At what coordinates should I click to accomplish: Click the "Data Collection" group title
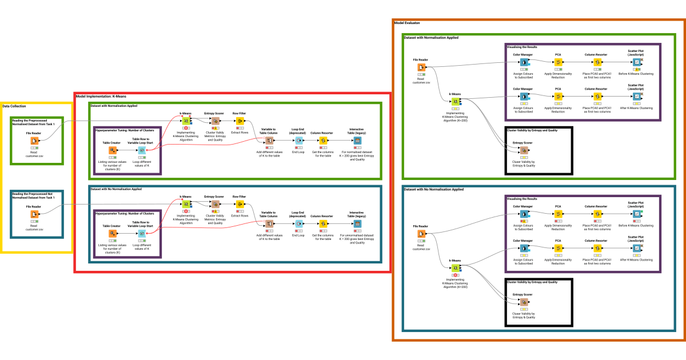click(14, 106)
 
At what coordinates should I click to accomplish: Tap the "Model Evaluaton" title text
click(407, 23)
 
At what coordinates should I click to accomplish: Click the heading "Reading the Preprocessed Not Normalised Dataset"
click(37, 195)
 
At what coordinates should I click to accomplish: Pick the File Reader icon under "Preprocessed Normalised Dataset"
click(35, 141)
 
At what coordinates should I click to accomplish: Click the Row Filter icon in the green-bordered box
click(240, 121)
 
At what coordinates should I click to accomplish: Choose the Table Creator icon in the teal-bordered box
click(112, 233)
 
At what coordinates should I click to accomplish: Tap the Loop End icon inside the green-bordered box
click(298, 141)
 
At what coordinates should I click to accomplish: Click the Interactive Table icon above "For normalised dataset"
click(357, 141)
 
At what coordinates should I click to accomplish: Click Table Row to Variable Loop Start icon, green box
click(142, 150)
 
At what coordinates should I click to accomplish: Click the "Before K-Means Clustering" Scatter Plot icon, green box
click(636, 62)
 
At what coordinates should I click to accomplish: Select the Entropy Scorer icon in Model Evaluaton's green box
click(523, 150)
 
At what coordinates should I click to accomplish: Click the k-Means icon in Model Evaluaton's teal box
click(455, 267)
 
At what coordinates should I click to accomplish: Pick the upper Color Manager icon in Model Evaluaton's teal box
click(523, 214)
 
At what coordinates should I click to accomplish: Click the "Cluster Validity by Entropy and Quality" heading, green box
click(532, 130)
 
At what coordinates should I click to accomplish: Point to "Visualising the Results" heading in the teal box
click(522, 198)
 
